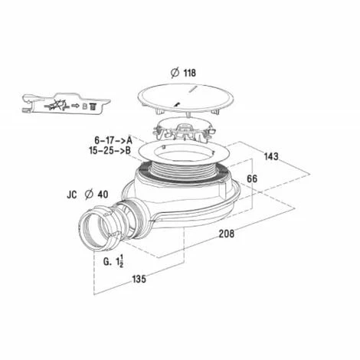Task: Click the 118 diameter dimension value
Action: click(190, 73)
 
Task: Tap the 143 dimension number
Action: click(271, 156)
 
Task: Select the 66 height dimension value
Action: click(252, 178)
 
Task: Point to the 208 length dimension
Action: click(227, 234)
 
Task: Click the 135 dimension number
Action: click(139, 279)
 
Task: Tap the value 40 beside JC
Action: click(103, 195)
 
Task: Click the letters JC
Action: click(72, 195)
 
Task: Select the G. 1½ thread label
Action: click(113, 261)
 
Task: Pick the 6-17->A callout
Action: click(113, 140)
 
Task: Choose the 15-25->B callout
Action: click(110, 151)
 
